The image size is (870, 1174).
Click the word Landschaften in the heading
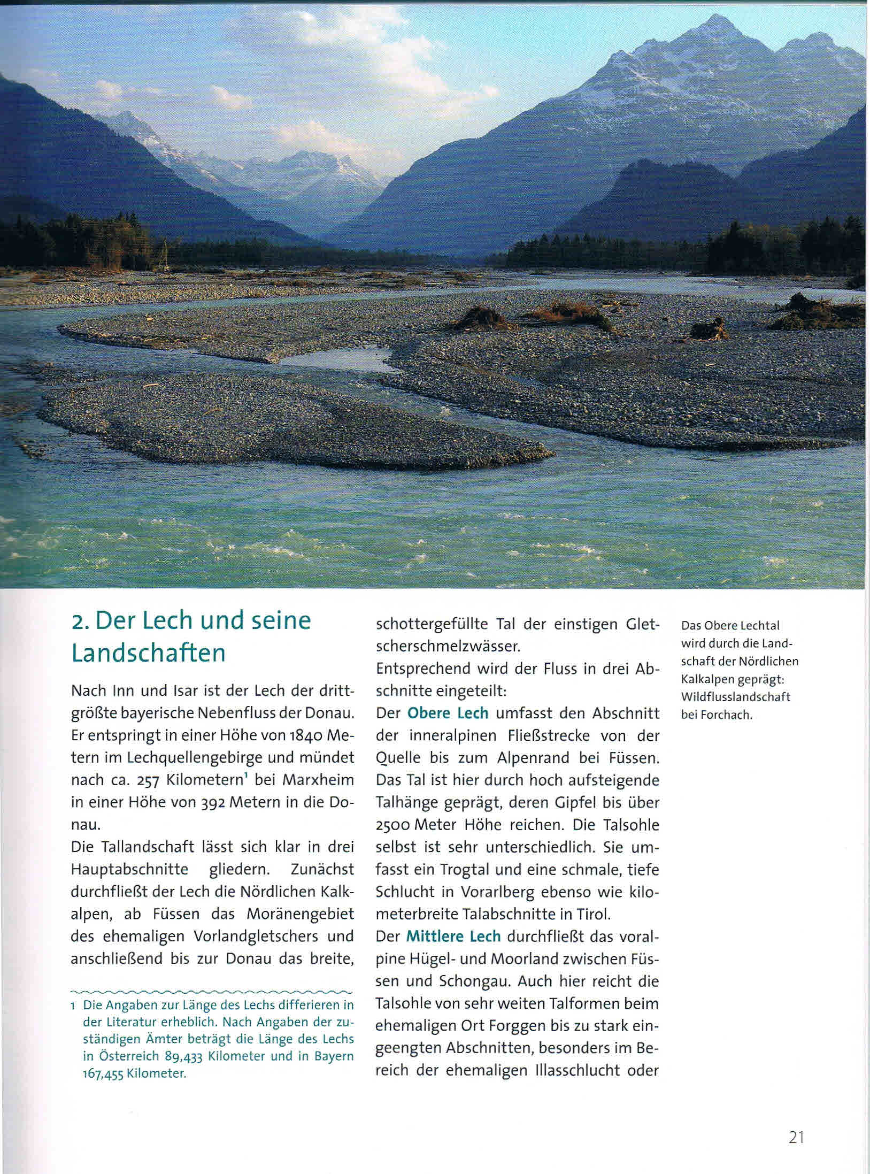point(148,654)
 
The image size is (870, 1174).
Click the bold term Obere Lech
point(448,713)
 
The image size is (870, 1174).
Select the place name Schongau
point(475,981)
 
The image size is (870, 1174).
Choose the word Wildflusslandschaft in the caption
point(736,697)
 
